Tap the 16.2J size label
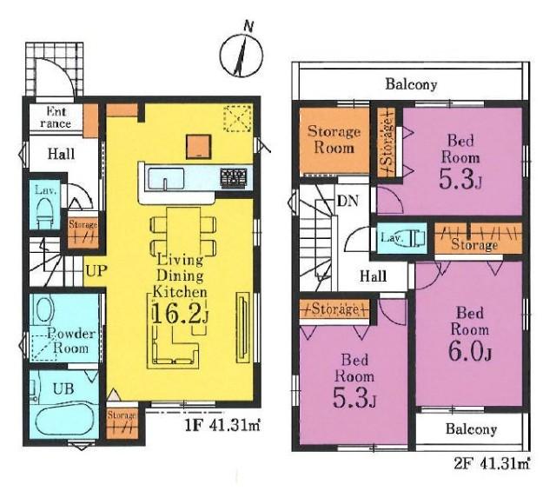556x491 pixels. [180, 313]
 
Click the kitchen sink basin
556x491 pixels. [166, 180]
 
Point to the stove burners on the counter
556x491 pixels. [234, 177]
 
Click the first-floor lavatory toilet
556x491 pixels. [44, 214]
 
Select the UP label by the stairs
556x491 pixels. [96, 271]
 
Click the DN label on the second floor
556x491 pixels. [347, 201]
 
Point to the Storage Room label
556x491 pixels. [334, 139]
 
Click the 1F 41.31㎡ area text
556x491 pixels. [222, 425]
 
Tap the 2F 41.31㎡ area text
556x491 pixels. [493, 463]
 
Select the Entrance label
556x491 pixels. [56, 117]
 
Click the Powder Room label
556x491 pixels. [71, 341]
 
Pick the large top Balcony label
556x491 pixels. [411, 84]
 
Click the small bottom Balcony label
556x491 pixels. [471, 429]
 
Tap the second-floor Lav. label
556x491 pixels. [392, 237]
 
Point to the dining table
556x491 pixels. [183, 230]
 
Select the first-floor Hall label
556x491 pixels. [62, 154]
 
